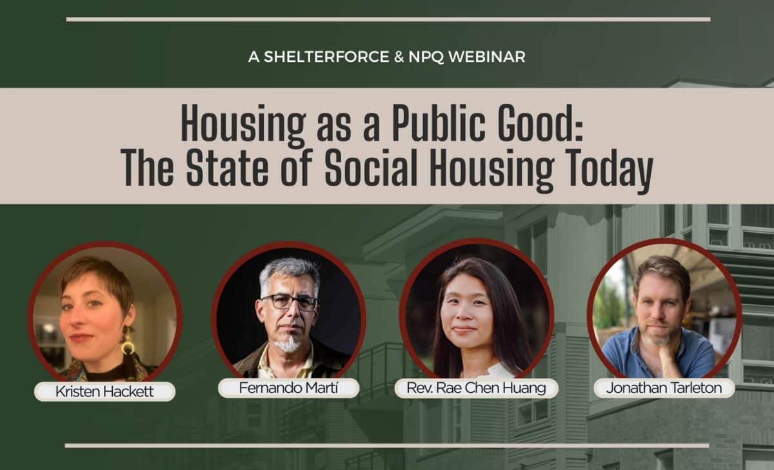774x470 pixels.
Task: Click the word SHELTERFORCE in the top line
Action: click(x=326, y=57)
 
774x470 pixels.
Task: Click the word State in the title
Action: click(x=227, y=168)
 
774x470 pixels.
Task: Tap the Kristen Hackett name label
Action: click(x=104, y=391)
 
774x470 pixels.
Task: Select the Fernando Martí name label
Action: click(x=288, y=388)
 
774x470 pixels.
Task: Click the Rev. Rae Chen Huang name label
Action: click(x=476, y=388)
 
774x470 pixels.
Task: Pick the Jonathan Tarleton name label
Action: click(x=664, y=388)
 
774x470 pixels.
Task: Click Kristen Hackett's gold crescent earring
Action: click(x=128, y=344)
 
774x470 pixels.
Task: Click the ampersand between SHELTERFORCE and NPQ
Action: click(x=399, y=57)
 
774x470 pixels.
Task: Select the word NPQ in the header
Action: click(x=426, y=57)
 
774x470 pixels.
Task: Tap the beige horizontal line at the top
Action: click(x=388, y=20)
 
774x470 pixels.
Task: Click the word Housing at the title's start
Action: click(x=243, y=126)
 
